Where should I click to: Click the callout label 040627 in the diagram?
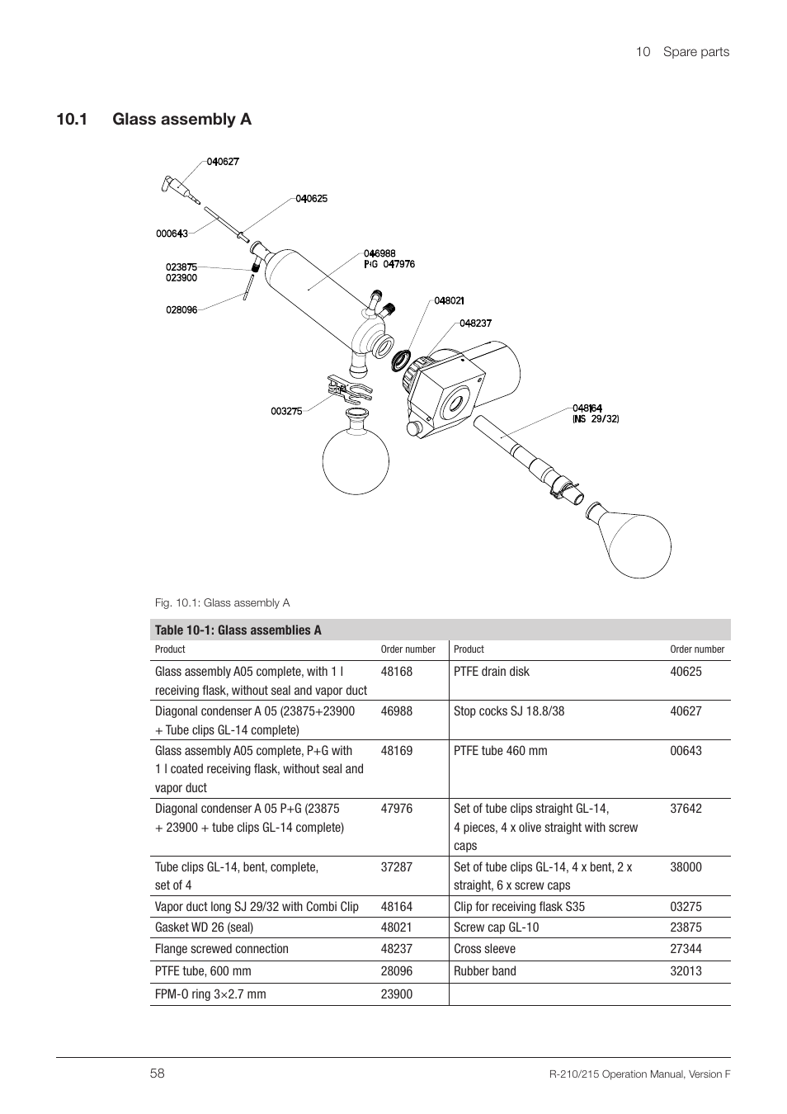(223, 162)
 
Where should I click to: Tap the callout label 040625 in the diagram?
(312, 199)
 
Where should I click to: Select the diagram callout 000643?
(172, 234)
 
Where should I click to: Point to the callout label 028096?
(181, 310)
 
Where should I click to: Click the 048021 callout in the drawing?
(449, 301)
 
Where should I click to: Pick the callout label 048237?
(475, 323)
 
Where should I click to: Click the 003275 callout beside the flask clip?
(286, 411)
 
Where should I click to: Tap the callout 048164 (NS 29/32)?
(595, 413)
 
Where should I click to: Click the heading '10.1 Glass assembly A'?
(153, 120)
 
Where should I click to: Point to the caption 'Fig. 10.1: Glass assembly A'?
(222, 602)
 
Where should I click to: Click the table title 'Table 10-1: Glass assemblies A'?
(238, 630)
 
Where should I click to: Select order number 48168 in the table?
(397, 672)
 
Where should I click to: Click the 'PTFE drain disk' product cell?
(492, 672)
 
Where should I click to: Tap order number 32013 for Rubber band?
(686, 971)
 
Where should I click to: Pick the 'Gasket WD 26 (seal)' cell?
(204, 928)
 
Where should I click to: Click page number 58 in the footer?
(158, 1074)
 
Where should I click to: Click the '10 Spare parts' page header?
(682, 51)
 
